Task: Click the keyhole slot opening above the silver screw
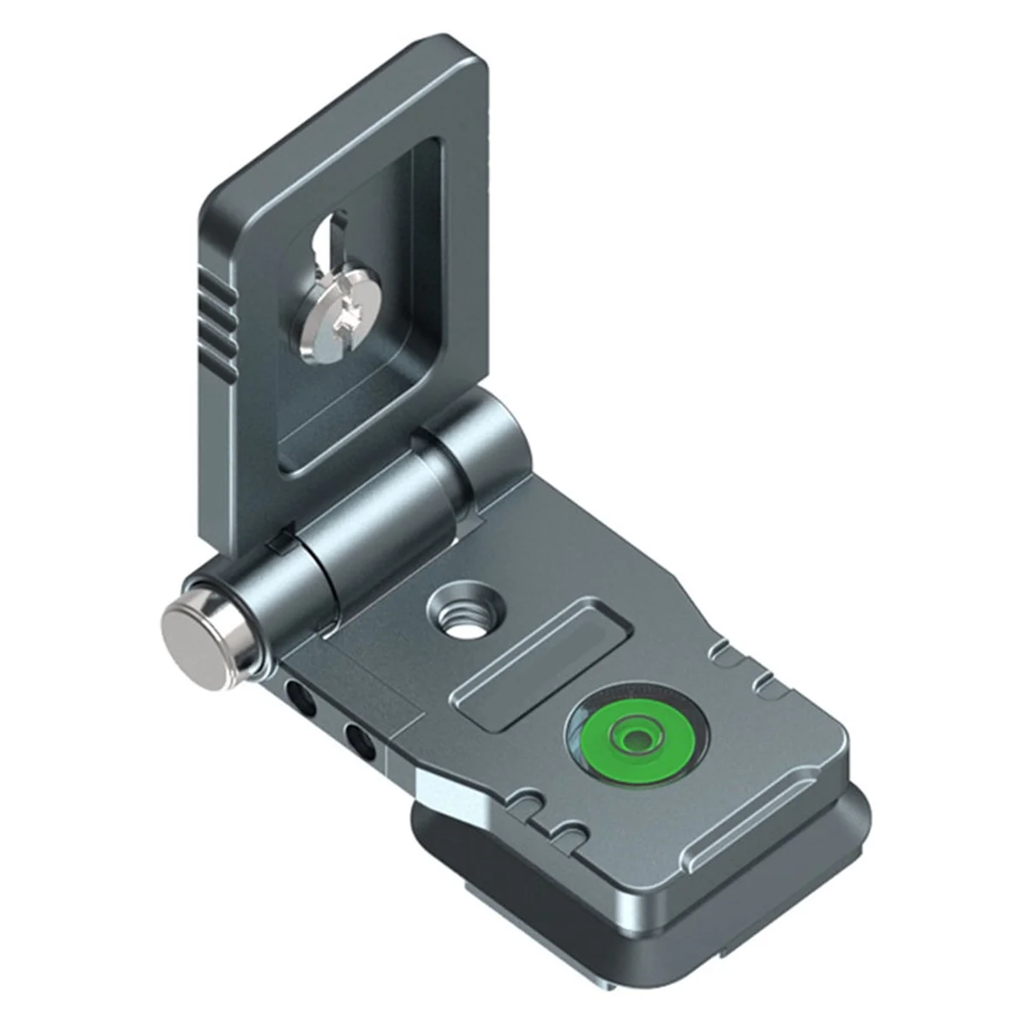pos(327,248)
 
